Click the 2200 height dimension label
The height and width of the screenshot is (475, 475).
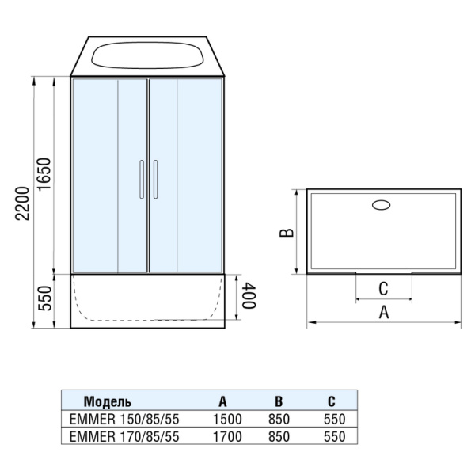click(23, 203)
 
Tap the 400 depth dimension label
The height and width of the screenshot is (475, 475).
click(249, 295)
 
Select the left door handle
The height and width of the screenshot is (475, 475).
click(142, 180)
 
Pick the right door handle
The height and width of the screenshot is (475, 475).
click(155, 180)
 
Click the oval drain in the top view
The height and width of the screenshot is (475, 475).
click(382, 205)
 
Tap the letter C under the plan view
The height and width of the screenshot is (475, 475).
click(383, 289)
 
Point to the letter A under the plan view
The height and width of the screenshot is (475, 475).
click(384, 312)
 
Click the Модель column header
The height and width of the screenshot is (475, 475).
click(108, 401)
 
